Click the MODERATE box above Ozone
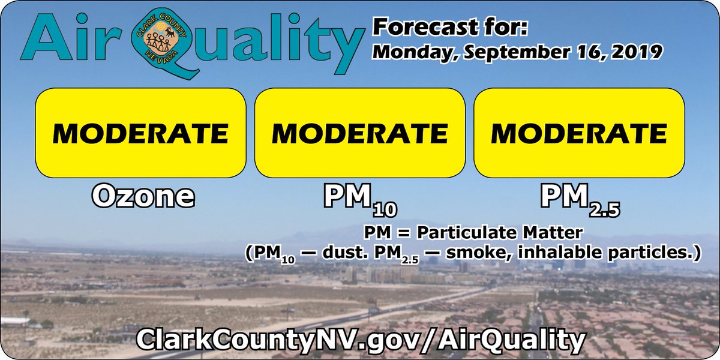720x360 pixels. [x=140, y=133]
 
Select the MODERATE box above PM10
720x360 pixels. [x=359, y=133]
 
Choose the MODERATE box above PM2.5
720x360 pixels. [x=579, y=133]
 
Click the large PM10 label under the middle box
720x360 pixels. [x=360, y=198]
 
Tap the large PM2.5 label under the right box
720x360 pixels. [x=579, y=198]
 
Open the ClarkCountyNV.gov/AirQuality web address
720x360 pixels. [x=359, y=340]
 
